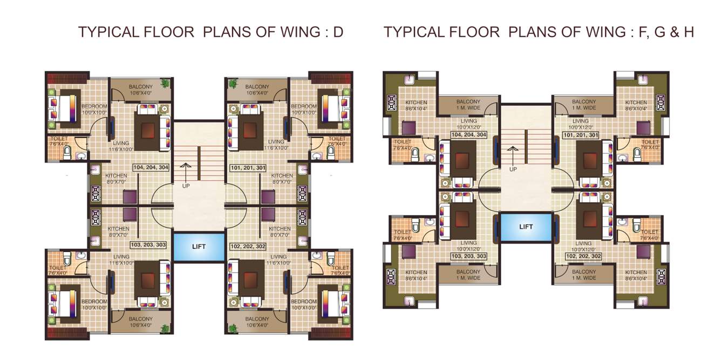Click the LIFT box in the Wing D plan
point(198,247)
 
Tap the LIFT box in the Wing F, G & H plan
point(526,227)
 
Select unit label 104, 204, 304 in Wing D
point(149,167)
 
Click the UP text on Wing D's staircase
point(185,186)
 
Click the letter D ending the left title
point(338,32)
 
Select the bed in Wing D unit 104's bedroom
point(64,108)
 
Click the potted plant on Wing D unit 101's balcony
point(233,84)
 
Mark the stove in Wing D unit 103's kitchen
point(97,218)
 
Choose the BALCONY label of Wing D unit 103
point(140,319)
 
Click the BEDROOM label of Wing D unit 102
point(304,301)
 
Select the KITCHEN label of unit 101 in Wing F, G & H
point(636,103)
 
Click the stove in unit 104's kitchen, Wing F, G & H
point(391,103)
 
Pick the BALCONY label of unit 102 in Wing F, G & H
point(584,272)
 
